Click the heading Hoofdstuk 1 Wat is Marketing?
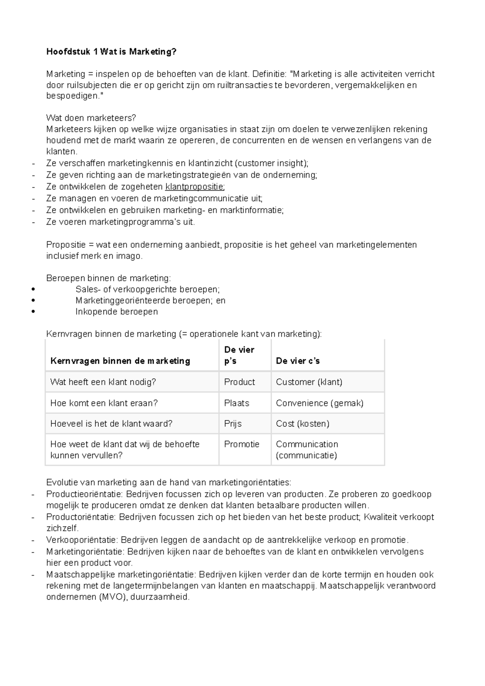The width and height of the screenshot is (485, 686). [111, 52]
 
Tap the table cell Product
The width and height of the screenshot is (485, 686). [239, 382]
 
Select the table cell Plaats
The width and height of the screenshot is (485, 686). [236, 403]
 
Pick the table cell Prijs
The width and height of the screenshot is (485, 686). [233, 424]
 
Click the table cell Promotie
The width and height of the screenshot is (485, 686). [242, 444]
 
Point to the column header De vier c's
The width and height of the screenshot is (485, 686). [297, 361]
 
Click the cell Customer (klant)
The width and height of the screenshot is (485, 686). [309, 382]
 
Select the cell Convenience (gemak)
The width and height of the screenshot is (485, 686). [319, 403]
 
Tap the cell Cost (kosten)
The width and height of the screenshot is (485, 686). [302, 424]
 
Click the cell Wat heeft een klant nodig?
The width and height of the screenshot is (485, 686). [103, 382]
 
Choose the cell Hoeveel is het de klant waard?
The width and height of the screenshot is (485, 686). [111, 424]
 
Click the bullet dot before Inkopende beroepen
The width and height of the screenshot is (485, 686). [33, 312]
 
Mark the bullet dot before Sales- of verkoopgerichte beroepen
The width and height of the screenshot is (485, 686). [33, 289]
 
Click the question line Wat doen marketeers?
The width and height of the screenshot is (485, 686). [91, 118]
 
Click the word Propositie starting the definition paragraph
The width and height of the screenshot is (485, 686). [66, 245]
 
